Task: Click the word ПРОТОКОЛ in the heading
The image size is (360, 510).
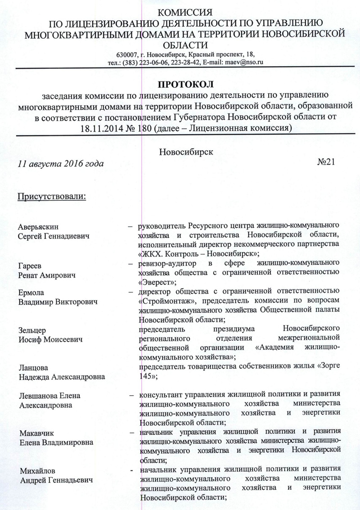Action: point(184,84)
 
